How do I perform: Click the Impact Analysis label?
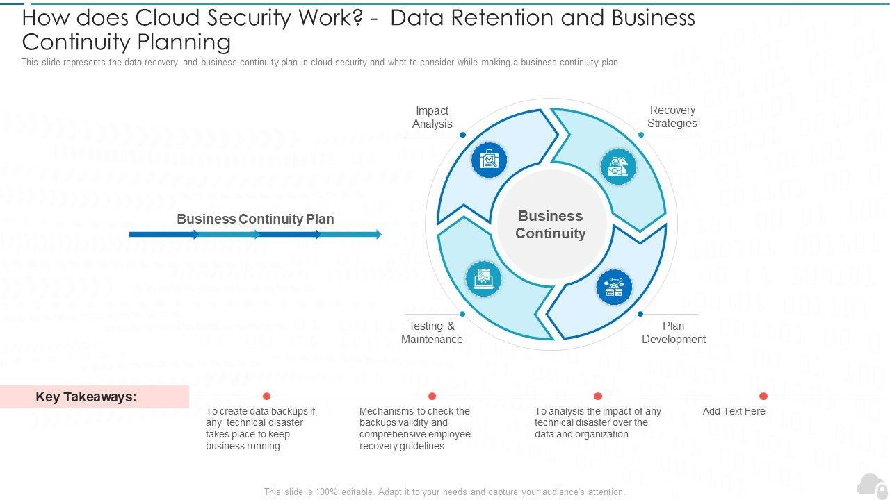[x=432, y=117]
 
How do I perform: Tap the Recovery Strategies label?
[x=672, y=117]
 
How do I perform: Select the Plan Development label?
[x=673, y=333]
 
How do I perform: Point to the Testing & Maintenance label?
[x=432, y=333]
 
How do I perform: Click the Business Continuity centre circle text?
[x=550, y=224]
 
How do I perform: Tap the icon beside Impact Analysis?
[x=489, y=160]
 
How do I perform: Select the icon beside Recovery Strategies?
[x=618, y=166]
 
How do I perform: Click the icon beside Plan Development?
[x=614, y=287]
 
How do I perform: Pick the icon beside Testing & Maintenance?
[x=483, y=279]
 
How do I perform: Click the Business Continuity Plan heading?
[x=255, y=219]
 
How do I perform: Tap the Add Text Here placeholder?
[x=734, y=411]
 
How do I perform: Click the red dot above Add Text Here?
[x=763, y=397]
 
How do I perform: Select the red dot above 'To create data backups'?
[x=266, y=397]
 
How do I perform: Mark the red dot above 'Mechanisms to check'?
[x=432, y=397]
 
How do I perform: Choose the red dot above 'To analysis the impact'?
[x=598, y=397]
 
